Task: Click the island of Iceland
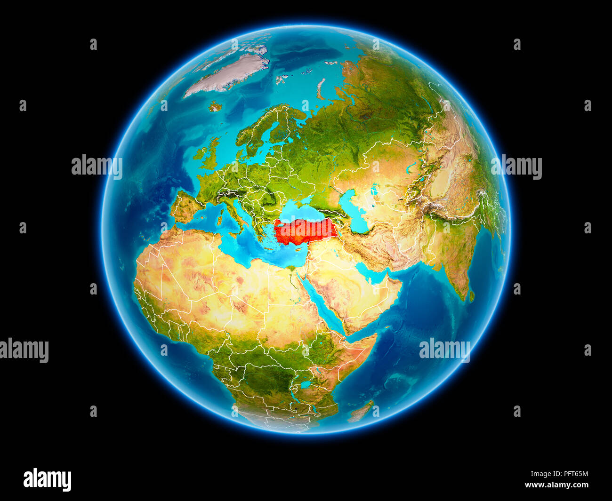pos(215,106)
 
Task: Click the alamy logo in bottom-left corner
pos(47,480)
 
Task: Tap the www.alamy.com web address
pos(556,485)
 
